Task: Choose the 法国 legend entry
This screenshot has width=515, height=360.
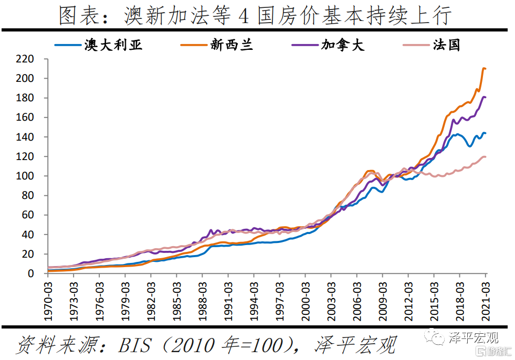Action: tap(446, 45)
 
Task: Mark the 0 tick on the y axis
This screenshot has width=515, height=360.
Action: tap(31, 273)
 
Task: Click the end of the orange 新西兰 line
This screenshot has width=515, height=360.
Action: tap(485, 69)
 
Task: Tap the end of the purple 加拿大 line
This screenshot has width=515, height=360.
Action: tap(485, 97)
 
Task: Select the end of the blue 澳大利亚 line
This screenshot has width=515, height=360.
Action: tap(485, 133)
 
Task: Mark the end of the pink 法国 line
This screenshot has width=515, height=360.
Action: tap(485, 157)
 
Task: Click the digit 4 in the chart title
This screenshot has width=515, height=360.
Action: tap(243, 17)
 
